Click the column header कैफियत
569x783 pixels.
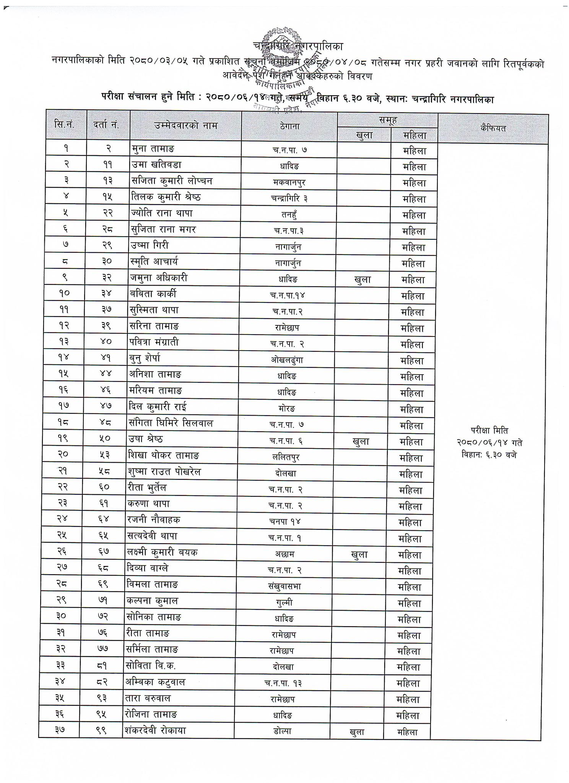coord(493,128)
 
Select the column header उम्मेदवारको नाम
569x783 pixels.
coord(186,125)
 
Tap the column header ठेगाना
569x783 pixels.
coord(289,126)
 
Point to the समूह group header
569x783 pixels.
coord(387,120)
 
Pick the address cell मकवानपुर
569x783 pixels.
coord(289,182)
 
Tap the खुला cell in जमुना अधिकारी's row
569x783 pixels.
coord(363,279)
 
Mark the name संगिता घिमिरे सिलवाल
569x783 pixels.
coord(171,423)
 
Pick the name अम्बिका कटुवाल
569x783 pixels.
coord(156,682)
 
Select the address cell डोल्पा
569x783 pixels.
coord(283,731)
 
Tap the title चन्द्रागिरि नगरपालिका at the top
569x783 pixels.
coord(298,46)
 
